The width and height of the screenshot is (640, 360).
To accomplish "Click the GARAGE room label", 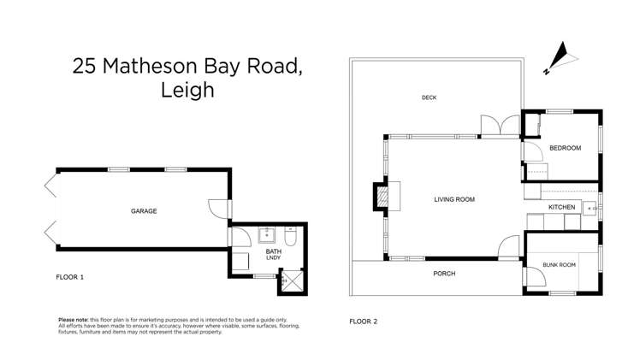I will (143, 211).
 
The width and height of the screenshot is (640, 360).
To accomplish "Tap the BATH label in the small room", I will (274, 251).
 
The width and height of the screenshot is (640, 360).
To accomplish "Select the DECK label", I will (430, 97).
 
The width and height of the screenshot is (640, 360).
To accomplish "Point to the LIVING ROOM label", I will (453, 199).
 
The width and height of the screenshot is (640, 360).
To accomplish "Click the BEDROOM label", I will (565, 148).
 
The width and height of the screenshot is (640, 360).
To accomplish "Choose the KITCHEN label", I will (562, 208).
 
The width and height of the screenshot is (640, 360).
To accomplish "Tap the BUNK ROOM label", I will (560, 265).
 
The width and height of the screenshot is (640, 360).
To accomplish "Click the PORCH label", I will (444, 274).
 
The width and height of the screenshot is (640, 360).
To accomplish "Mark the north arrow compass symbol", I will (558, 56).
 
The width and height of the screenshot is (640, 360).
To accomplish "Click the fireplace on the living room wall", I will (380, 197).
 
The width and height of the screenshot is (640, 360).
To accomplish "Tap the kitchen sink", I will (590, 208).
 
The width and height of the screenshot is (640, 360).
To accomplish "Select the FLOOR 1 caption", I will (70, 277).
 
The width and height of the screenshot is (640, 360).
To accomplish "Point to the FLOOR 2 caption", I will (363, 322).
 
